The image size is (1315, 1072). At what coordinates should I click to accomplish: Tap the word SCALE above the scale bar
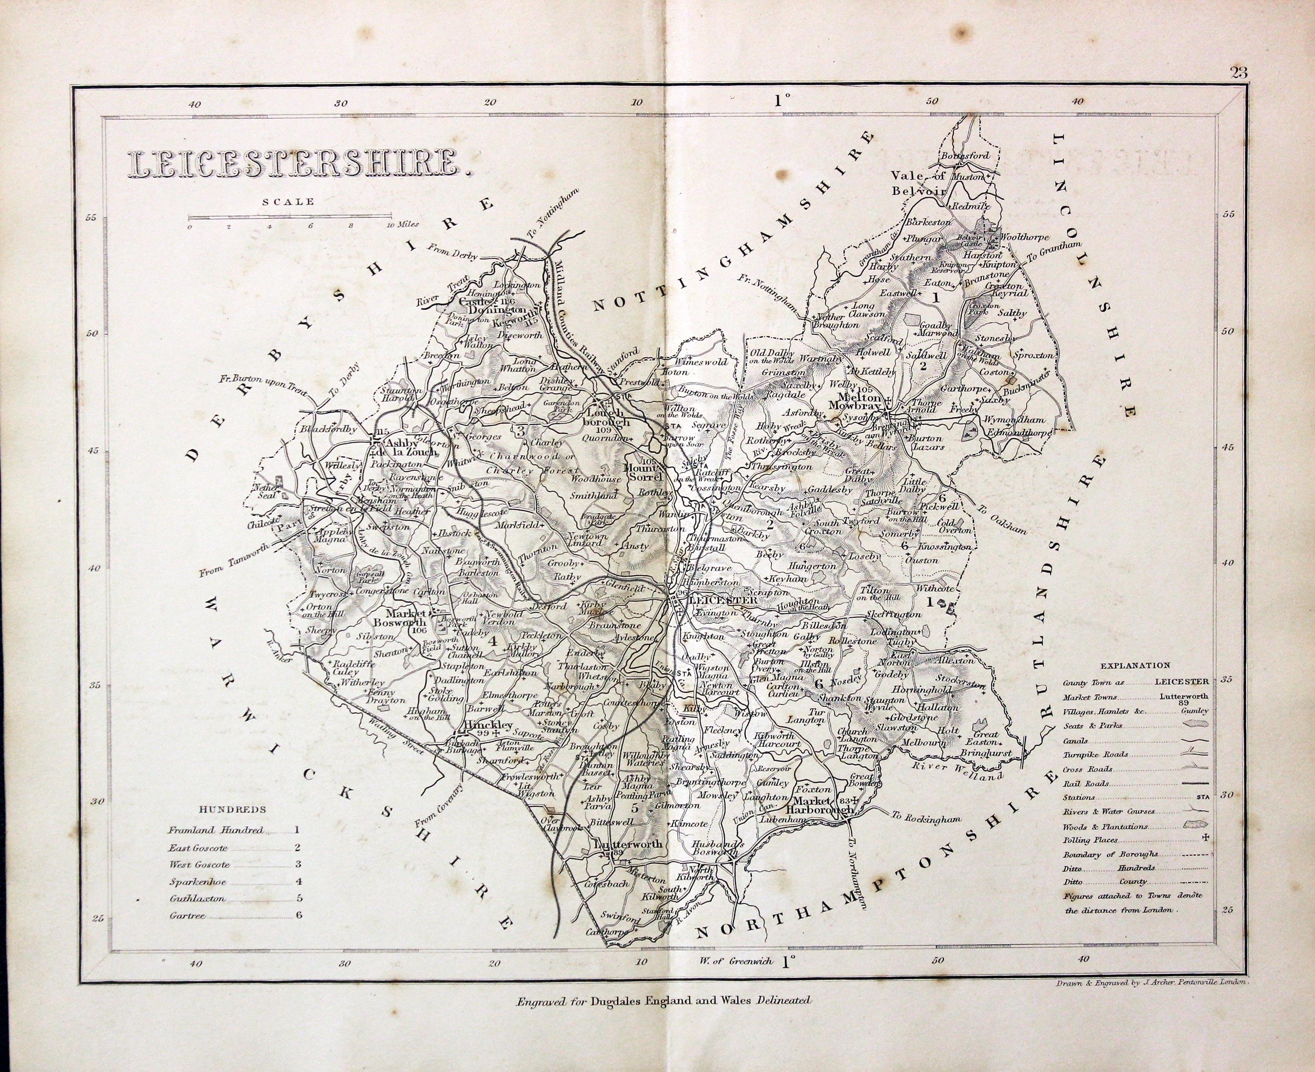click(288, 201)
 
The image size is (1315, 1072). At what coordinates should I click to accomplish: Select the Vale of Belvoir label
click(916, 183)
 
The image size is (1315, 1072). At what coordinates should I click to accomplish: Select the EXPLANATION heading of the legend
click(1135, 666)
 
